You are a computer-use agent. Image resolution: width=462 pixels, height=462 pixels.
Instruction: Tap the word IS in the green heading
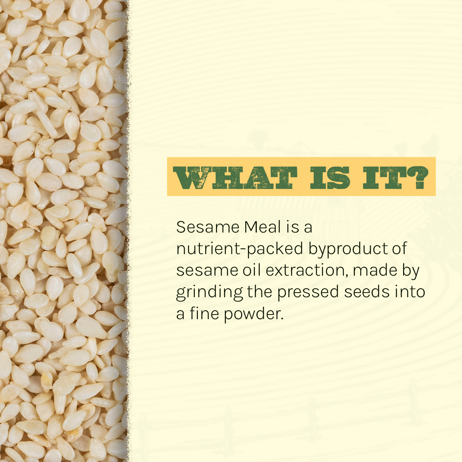point(330,177)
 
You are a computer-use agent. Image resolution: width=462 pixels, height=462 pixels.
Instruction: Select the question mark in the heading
point(416,177)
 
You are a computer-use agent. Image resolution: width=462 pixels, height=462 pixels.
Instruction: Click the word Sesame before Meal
point(208,227)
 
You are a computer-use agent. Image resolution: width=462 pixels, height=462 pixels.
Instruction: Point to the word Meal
point(263,227)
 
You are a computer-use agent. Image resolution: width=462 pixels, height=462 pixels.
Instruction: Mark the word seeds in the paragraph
point(367,292)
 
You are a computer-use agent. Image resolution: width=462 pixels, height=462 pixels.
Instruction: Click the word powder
point(254,314)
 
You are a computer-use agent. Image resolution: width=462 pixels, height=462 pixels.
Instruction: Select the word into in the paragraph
point(410,292)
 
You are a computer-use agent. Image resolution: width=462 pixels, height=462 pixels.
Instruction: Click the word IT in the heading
point(383,177)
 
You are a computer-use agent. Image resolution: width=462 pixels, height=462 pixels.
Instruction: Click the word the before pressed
point(260,292)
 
